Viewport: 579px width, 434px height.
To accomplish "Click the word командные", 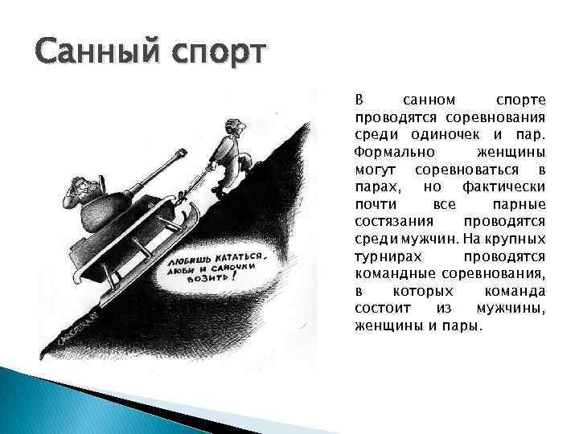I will click(x=390, y=275).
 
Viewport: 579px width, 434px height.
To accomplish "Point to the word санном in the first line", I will click(x=429, y=100).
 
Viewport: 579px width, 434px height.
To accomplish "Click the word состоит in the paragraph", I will click(x=381, y=309).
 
